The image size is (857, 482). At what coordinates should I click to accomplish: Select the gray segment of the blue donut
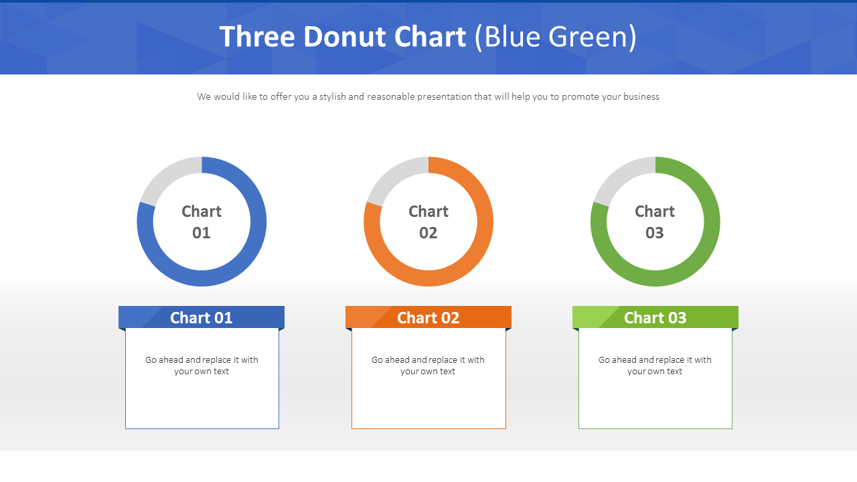165,175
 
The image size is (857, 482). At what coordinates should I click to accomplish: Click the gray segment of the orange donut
392,175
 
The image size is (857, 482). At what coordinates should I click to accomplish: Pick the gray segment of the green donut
618,175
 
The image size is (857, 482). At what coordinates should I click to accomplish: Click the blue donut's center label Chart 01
202,222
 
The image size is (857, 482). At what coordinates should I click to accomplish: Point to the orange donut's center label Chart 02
428,222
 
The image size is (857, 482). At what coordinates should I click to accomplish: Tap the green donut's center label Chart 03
655,222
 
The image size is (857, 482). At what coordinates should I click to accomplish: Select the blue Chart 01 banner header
202,317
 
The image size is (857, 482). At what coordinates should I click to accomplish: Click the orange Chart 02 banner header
428,317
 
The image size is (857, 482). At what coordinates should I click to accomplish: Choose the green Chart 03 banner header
655,317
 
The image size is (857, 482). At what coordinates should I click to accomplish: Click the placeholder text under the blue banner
202,366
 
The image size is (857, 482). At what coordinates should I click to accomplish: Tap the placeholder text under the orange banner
428,366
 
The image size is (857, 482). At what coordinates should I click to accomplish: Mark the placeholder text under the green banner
655,366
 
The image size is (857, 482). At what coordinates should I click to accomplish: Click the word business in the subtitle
641,97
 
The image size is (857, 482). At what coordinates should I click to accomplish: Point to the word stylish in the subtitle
332,97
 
